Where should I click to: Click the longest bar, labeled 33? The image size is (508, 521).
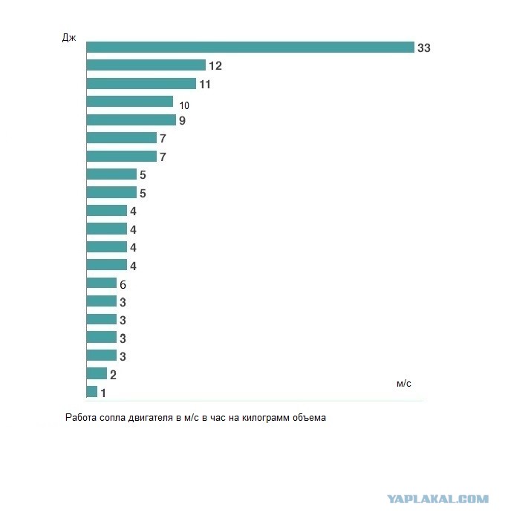coord(250,47)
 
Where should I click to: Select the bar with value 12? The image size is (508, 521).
coord(146,65)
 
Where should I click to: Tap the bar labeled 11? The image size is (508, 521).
coord(141,83)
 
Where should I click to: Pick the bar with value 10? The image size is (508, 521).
coord(130,102)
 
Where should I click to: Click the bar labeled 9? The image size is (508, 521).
coord(131,120)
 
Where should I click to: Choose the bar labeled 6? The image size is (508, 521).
coord(102,283)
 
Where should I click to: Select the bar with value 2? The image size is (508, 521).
coord(97,373)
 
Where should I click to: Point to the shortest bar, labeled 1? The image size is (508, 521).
coord(92,391)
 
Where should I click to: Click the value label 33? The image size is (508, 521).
coord(424,47)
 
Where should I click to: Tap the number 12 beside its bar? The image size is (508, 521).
coord(215,66)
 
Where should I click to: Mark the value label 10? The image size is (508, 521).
coord(184,105)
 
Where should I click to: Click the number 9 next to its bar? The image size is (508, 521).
coord(182,121)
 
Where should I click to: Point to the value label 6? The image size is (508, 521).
coord(123,284)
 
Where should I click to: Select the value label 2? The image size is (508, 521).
coord(113,375)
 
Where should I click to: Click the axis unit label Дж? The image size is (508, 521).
coord(69,38)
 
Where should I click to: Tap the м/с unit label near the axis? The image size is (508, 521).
coord(403,384)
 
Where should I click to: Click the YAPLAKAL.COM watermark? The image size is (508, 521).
coord(438,499)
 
